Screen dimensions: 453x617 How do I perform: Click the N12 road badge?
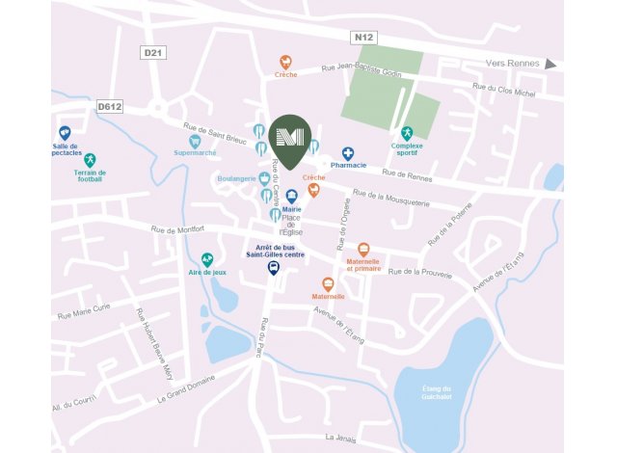pyautogui.click(x=363, y=38)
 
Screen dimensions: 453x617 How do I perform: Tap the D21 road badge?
pyautogui.click(x=151, y=51)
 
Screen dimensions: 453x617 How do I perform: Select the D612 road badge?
pyautogui.click(x=108, y=107)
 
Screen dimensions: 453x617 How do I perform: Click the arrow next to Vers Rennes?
pyautogui.click(x=550, y=65)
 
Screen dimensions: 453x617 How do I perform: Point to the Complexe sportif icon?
pyautogui.click(x=407, y=133)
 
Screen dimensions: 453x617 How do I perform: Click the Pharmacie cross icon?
pyautogui.click(x=348, y=152)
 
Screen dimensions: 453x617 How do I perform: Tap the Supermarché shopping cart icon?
pyautogui.click(x=195, y=141)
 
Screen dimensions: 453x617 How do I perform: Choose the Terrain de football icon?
pyautogui.click(x=90, y=160)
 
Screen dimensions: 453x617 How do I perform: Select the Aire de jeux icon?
pyautogui.click(x=207, y=260)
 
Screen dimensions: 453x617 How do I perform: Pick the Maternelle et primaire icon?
pyautogui.click(x=363, y=250)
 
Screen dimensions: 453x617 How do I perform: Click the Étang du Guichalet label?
pyautogui.click(x=436, y=393)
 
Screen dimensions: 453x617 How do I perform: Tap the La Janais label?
pyautogui.click(x=341, y=438)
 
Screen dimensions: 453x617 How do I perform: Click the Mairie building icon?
pyautogui.click(x=291, y=196)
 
